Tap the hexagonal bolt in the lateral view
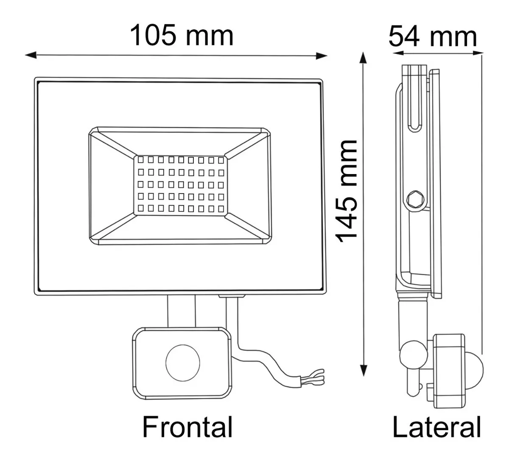[414, 199]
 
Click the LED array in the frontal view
[180, 185]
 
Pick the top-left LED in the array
[140, 161]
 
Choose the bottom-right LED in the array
[221, 208]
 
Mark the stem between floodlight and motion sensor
[182, 311]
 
